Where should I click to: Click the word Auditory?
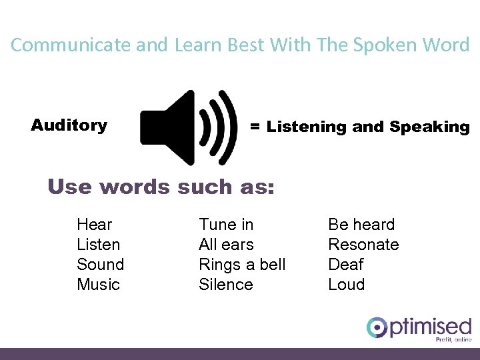coord(69,125)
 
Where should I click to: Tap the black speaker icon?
coord(189,127)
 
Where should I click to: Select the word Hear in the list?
coord(95,225)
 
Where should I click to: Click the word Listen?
coord(99,245)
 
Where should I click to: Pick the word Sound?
coord(101,265)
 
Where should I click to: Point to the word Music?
coord(99,285)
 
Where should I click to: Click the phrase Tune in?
coord(226,225)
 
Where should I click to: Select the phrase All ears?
coord(226,245)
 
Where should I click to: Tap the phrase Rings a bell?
coord(242,265)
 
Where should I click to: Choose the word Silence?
coord(226,285)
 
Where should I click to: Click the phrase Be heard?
coord(361,225)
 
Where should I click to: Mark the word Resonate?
coord(363,245)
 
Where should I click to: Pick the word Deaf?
coord(346,265)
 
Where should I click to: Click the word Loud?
coord(347,285)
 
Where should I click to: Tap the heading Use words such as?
coord(161,187)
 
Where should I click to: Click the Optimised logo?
coord(419,329)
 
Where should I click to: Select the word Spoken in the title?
coord(391,45)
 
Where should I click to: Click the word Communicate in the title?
coord(71,45)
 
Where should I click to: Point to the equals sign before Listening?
coord(255,127)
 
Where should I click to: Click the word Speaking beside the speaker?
coord(429,127)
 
